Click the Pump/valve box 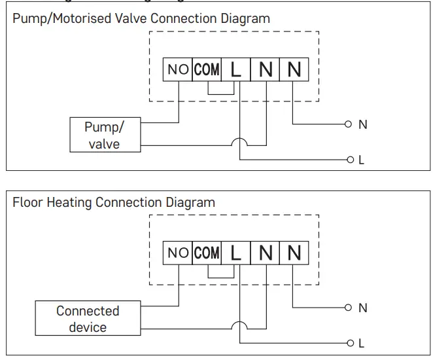[x=105, y=134]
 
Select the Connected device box [x=88, y=319]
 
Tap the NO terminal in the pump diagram [x=177, y=69]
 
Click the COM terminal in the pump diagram [x=207, y=69]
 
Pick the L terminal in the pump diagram [x=236, y=69]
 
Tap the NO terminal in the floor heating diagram [x=177, y=253]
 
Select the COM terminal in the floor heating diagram [x=207, y=253]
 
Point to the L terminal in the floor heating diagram [x=236, y=253]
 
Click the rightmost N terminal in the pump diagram [x=294, y=69]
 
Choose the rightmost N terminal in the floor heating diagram [x=294, y=253]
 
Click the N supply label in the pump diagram [x=363, y=124]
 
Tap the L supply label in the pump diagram [x=362, y=160]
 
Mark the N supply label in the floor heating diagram [x=363, y=308]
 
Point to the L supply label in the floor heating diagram [x=362, y=343]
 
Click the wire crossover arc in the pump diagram [x=241, y=141]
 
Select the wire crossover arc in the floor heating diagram [x=241, y=324]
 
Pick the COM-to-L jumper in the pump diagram [x=221, y=94]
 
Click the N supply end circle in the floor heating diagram [x=349, y=307]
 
